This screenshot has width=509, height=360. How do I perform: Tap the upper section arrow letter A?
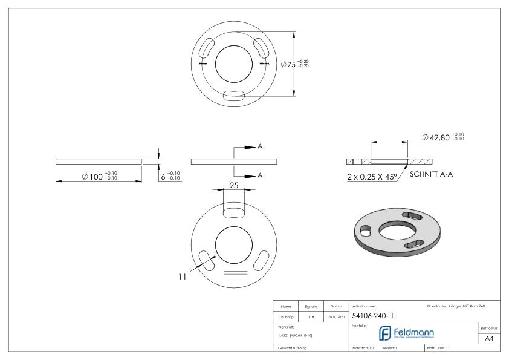point(260,148)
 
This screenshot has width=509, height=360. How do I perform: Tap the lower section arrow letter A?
point(260,175)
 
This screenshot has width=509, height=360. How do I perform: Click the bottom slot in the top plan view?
point(233,94)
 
